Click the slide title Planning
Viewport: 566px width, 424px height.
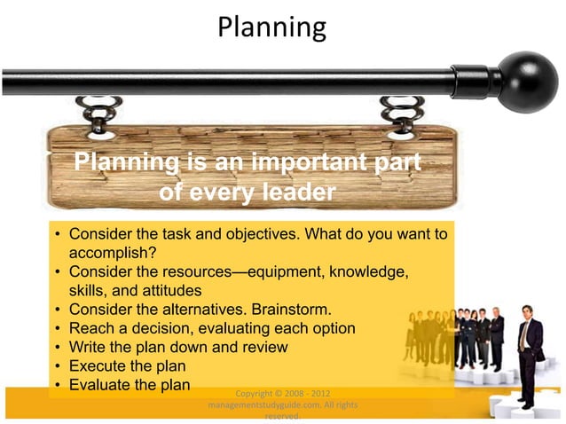coord(271,27)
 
